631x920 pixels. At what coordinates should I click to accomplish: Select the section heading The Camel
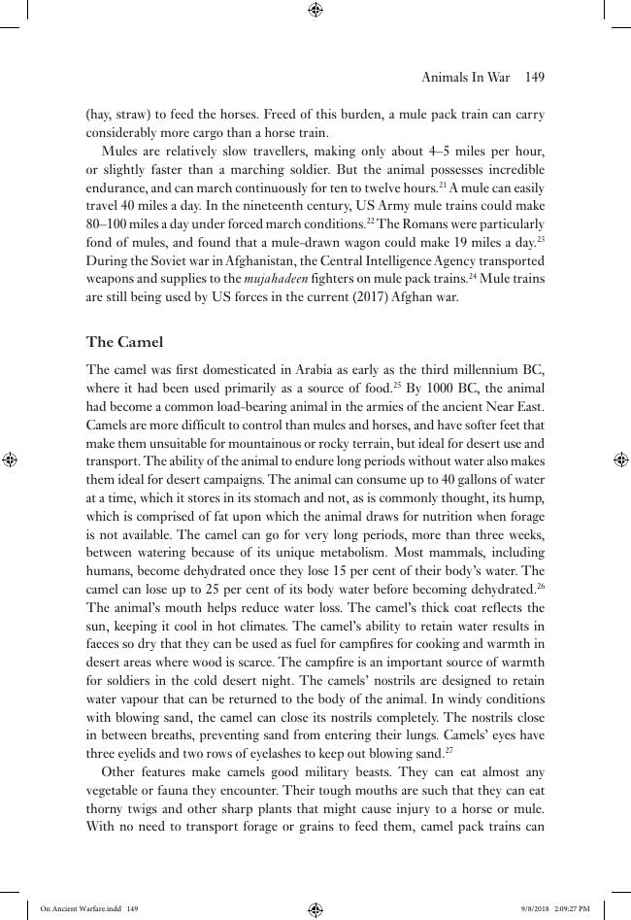point(124,342)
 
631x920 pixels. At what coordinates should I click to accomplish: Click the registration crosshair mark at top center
point(315,10)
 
